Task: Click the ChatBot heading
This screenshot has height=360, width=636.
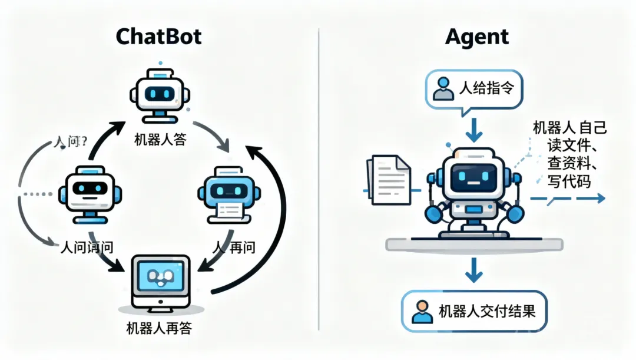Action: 158,37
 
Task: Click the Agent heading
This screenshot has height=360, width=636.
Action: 477,37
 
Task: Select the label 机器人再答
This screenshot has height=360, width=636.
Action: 159,328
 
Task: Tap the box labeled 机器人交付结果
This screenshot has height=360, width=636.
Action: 474,311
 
